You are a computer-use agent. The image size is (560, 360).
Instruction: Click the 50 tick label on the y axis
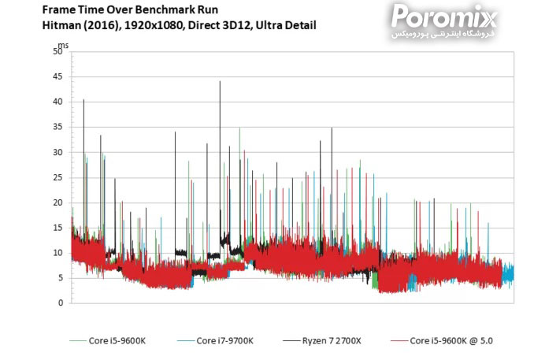pyautogui.click(x=57, y=52)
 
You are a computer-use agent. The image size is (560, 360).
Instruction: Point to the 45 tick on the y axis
pyautogui.click(x=57, y=77)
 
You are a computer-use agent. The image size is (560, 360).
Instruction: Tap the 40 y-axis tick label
pyautogui.click(x=57, y=102)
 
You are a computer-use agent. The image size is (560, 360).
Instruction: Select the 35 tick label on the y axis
pyautogui.click(x=57, y=128)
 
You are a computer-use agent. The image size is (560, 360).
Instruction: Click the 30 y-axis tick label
pyautogui.click(x=57, y=153)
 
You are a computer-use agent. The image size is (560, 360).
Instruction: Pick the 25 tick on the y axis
pyautogui.click(x=57, y=178)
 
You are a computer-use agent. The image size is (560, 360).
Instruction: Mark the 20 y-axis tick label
pyautogui.click(x=57, y=203)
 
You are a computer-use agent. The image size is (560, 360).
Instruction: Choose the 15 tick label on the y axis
pyautogui.click(x=57, y=228)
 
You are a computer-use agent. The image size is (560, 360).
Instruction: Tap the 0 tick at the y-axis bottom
pyautogui.click(x=60, y=303)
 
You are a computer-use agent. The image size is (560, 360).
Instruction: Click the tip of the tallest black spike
pyautogui.click(x=220, y=81)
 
